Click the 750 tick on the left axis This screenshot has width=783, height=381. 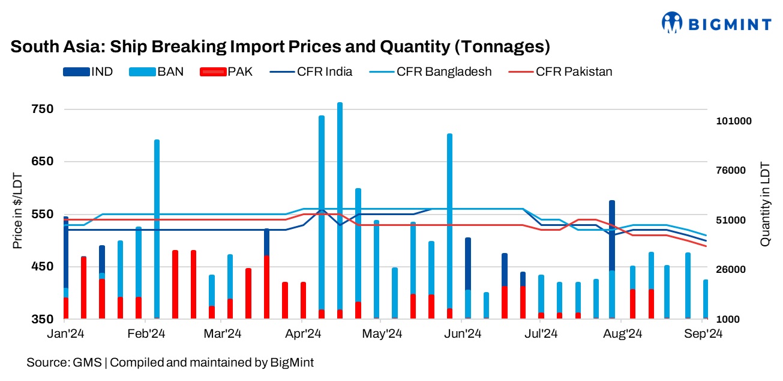[x=43, y=109]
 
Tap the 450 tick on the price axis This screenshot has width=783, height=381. [x=43, y=266]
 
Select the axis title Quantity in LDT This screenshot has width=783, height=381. [x=765, y=204]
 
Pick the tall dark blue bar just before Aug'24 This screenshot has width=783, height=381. [x=612, y=234]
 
